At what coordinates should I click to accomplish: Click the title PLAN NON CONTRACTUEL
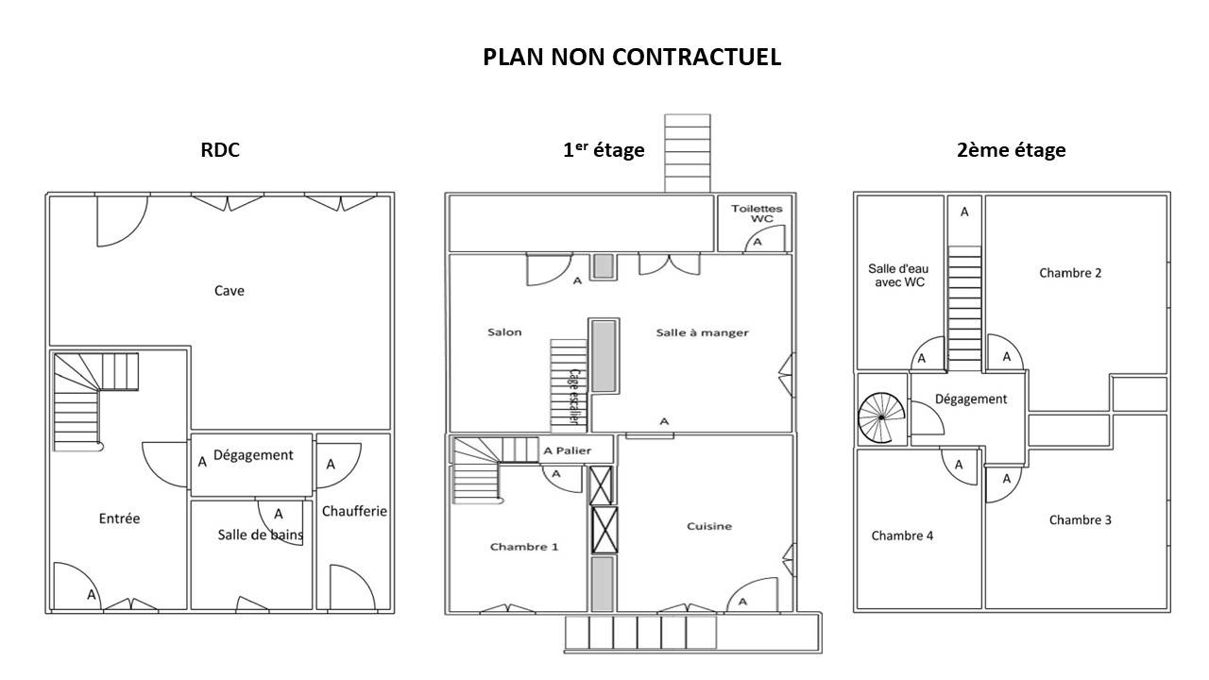tap(632, 58)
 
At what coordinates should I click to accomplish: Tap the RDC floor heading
tap(220, 149)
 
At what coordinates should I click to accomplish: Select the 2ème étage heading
tap(1011, 149)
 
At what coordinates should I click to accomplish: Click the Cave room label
tap(230, 291)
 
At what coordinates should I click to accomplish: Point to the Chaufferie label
tap(354, 511)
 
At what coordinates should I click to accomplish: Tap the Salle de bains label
tap(260, 535)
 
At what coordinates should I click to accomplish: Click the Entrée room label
tap(119, 518)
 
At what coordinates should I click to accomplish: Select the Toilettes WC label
tap(757, 213)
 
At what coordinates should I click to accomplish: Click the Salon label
tap(504, 331)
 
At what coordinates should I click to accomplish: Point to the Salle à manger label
tap(702, 332)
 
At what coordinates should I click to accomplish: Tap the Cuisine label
tap(709, 526)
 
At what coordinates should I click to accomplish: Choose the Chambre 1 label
tap(524, 547)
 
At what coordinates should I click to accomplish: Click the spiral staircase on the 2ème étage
tap(881, 417)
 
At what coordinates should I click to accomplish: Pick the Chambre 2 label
tap(1070, 273)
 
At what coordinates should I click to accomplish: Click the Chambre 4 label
tap(902, 535)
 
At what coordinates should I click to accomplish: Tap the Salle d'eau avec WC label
tap(898, 275)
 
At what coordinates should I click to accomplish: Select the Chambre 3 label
tap(1080, 519)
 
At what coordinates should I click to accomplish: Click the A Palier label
tap(567, 450)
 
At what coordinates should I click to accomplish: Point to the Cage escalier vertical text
tap(575, 397)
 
